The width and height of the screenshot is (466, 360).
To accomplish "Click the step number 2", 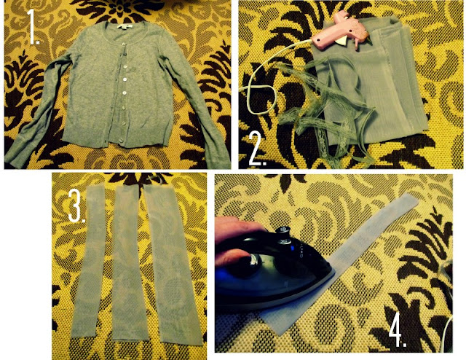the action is pos(257,149).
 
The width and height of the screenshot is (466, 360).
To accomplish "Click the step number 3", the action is pos(76,206).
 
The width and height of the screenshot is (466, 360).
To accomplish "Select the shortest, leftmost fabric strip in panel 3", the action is pos(88,261).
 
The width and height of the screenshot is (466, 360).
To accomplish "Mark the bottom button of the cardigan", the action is pos(122,141).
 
